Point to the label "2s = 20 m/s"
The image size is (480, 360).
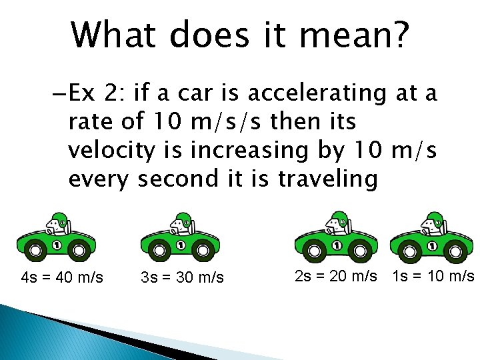coord(335,275)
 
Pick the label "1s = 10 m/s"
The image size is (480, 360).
coord(433,275)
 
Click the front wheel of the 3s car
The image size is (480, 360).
coord(159,251)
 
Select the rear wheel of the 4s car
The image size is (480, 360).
coord(80,251)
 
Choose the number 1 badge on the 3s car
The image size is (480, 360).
coord(181,245)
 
